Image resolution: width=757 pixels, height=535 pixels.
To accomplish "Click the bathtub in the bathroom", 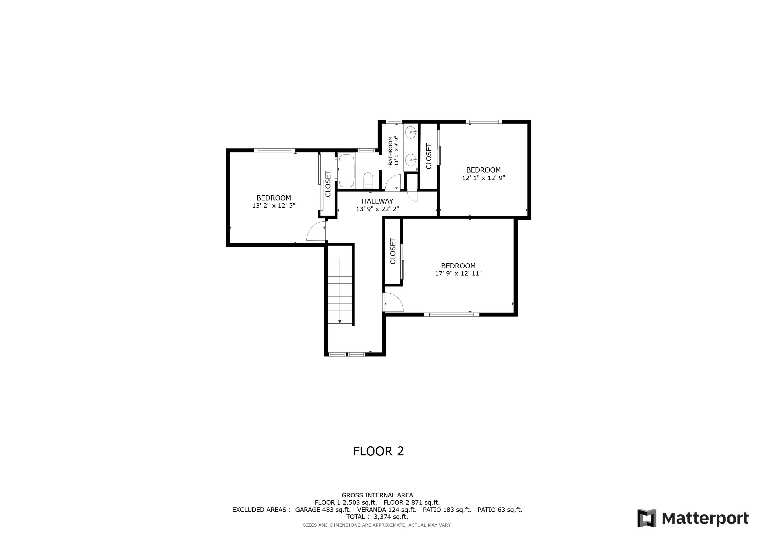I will pyautogui.click(x=346, y=171).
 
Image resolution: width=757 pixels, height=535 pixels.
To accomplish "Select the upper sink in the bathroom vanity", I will pyautogui.click(x=411, y=132).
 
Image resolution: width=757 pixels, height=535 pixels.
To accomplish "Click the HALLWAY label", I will pyautogui.click(x=377, y=201).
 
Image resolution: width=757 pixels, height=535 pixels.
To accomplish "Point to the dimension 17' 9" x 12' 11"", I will pyautogui.click(x=458, y=273).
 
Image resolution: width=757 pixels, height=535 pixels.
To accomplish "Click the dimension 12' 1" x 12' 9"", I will pyautogui.click(x=483, y=178).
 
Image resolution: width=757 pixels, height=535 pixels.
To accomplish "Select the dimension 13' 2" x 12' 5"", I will pyautogui.click(x=274, y=205).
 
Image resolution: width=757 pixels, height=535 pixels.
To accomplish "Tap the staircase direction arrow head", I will pyautogui.click(x=340, y=321).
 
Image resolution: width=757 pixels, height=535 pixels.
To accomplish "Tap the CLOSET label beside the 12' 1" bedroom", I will pyautogui.click(x=429, y=156).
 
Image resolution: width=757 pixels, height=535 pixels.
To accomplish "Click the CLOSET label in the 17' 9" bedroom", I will pyautogui.click(x=393, y=251).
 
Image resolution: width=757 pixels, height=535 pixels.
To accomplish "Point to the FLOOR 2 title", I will pyautogui.click(x=378, y=451).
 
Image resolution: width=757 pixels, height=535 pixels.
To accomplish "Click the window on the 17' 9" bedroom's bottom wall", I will pyautogui.click(x=451, y=315).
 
